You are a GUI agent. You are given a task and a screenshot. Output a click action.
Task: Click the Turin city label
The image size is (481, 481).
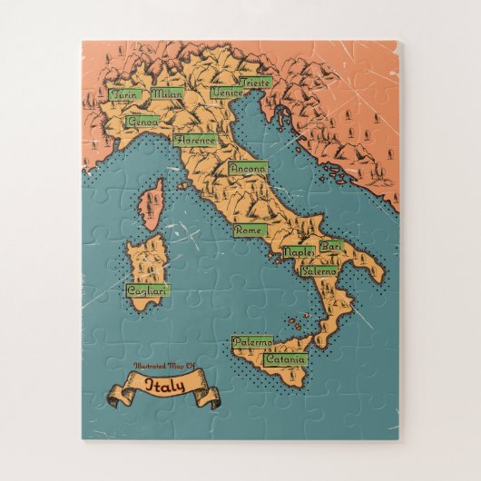coord(122,93)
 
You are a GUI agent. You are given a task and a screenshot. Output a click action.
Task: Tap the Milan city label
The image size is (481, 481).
coord(167,93)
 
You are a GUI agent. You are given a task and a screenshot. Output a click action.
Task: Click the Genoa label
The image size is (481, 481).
coord(142,121)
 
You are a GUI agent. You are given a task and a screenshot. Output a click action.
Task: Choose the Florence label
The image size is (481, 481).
coord(195,140)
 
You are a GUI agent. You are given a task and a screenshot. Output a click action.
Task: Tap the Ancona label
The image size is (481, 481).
coord(248,168)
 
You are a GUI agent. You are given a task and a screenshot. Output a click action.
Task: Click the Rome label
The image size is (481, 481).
coord(248,231)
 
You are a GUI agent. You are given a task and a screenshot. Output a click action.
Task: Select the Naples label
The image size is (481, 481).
coord(298,250)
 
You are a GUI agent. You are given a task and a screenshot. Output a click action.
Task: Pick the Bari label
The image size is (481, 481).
coord(331,246)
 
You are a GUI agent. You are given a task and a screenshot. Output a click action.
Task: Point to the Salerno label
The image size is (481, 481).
coord(319,270)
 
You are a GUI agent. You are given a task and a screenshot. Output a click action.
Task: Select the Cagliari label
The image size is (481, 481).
coord(147,290)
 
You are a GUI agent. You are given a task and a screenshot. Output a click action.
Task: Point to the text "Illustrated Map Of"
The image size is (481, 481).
coord(163,366)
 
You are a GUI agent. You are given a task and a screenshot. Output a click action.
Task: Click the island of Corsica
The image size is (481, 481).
coord(152,202)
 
